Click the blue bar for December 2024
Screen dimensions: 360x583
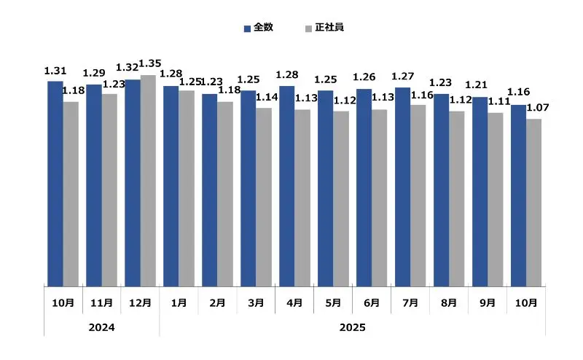click(132, 182)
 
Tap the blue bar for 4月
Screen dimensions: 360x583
click(286, 186)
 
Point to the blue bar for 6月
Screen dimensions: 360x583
click(364, 187)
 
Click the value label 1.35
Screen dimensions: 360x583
click(150, 64)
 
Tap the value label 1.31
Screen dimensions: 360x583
click(55, 71)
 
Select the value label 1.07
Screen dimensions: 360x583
click(538, 108)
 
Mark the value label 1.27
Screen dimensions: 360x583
click(403, 77)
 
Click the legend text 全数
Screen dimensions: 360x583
click(262, 28)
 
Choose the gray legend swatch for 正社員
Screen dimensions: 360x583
click(309, 28)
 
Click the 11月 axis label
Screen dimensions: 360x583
click(101, 302)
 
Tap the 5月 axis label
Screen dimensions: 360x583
click(333, 302)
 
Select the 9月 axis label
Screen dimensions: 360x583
click(488, 302)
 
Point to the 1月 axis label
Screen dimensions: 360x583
click(179, 302)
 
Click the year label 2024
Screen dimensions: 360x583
click(101, 328)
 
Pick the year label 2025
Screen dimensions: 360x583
click(352, 328)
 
